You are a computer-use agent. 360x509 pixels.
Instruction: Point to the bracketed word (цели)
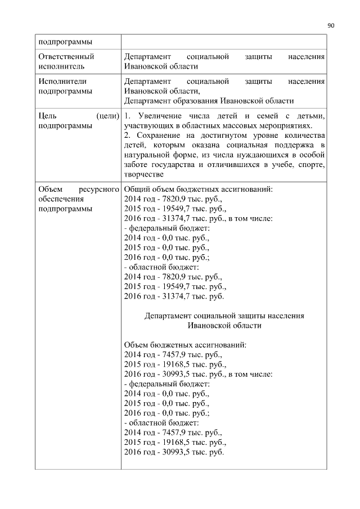tap(108, 116)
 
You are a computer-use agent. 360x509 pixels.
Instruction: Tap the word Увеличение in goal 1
tap(155, 116)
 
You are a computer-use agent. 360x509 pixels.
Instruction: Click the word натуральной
tap(147, 155)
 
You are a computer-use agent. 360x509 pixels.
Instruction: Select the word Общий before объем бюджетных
tap(136, 189)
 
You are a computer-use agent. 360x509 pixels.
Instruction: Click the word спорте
tap(312, 165)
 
